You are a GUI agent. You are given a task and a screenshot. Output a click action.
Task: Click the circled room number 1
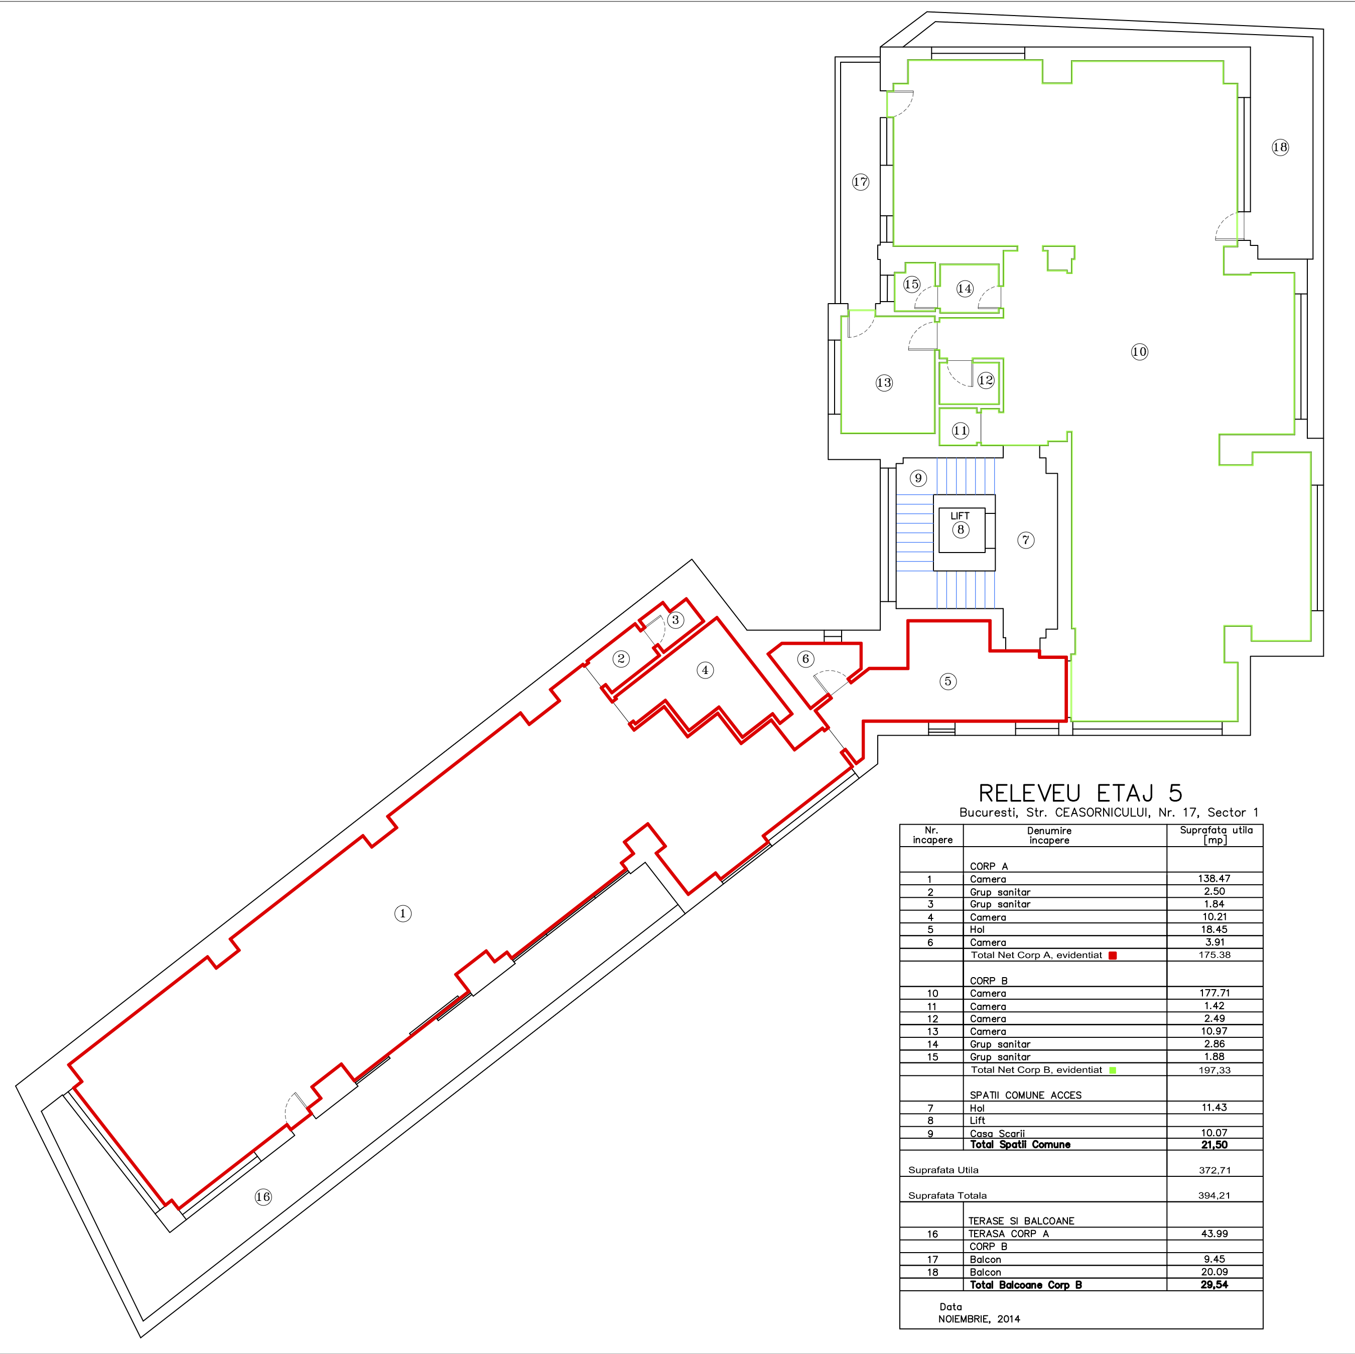point(402,913)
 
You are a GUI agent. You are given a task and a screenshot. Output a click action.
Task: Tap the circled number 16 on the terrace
point(263,1197)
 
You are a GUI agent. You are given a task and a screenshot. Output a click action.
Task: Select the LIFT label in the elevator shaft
point(960,515)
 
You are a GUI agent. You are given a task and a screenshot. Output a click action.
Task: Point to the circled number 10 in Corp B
point(1140,351)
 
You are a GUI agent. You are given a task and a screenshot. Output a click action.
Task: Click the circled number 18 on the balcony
point(1280,147)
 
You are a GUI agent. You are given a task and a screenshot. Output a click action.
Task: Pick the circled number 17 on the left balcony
point(861,182)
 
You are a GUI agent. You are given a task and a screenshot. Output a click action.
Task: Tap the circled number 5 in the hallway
point(948,681)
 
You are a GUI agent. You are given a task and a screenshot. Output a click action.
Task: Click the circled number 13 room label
point(884,382)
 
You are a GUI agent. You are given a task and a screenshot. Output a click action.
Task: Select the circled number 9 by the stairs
point(918,478)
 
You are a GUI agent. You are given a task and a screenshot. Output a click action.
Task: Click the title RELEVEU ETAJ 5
point(1080,793)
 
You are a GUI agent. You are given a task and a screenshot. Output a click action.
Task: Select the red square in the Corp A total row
point(1112,955)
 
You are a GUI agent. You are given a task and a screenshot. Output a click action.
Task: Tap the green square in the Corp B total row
point(1112,1070)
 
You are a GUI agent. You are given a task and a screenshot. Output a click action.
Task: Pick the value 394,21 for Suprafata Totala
point(1214,1195)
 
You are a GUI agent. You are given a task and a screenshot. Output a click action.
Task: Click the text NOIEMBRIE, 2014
point(979,1319)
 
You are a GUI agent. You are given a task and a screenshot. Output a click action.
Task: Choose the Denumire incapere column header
point(1049,835)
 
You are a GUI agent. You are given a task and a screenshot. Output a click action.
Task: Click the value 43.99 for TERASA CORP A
point(1214,1234)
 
